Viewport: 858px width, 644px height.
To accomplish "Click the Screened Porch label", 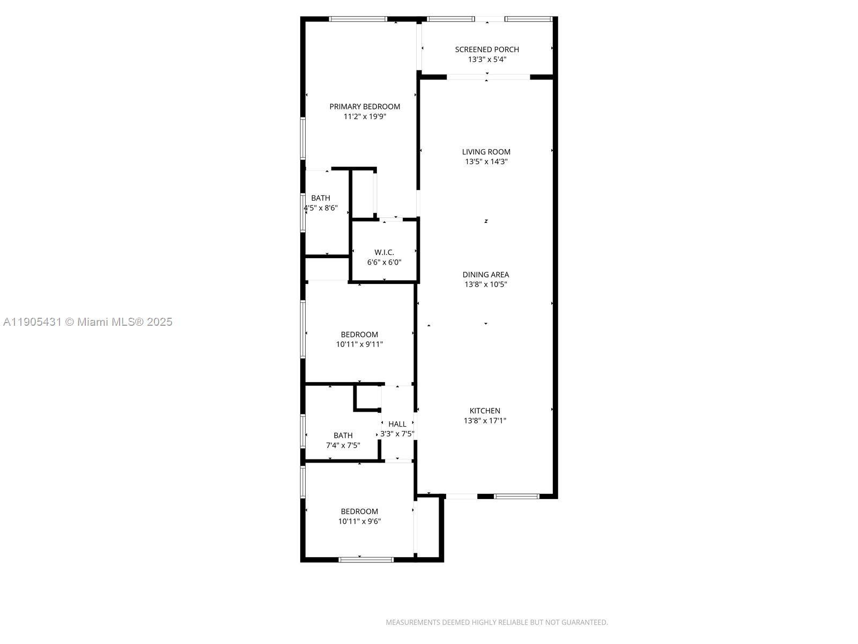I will [487, 49].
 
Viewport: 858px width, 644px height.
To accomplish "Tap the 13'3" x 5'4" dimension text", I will [487, 60].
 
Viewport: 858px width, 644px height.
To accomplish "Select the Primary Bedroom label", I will [365, 107].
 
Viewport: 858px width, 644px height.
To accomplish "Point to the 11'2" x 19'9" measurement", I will [365, 116].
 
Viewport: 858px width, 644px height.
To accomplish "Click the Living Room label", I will [486, 152].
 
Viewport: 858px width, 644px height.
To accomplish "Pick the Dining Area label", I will [486, 275].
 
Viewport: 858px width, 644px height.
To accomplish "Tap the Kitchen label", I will [485, 411].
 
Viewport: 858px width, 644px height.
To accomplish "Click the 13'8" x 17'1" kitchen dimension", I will [485, 421].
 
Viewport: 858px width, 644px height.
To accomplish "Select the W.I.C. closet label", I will [384, 252].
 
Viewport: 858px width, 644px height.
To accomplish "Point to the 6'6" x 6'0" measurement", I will [384, 262].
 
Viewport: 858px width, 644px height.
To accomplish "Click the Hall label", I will [397, 424].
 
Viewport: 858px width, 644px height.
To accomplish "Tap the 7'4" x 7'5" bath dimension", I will [343, 445].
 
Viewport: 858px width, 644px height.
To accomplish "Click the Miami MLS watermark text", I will [88, 322].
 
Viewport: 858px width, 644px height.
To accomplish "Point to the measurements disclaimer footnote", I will [497, 623].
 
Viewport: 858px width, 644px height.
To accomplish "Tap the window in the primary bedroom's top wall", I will [358, 19].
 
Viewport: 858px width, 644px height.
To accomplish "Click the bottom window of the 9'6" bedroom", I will [366, 560].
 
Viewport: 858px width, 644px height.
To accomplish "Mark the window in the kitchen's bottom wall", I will [516, 496].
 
